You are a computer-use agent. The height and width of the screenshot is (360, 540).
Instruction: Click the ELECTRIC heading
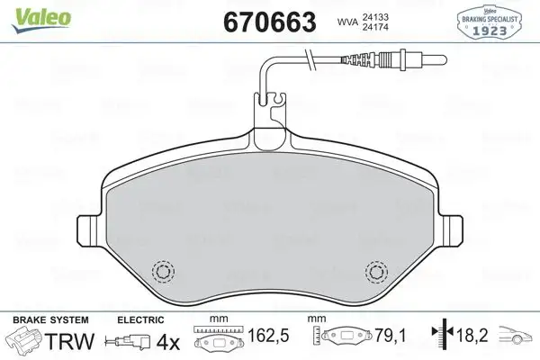(x=140, y=319)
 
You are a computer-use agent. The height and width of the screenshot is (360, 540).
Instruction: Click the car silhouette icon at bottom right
(x=517, y=339)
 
